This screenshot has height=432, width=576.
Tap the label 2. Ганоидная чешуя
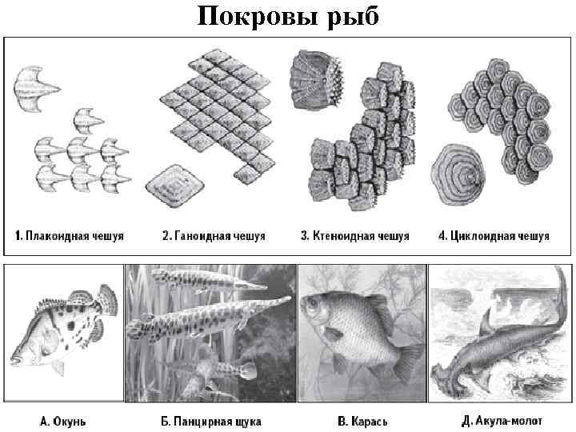click(x=214, y=236)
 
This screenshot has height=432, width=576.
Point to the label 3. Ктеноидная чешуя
click(x=354, y=236)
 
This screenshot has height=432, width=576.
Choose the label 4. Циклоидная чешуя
click(x=494, y=236)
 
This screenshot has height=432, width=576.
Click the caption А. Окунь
click(x=63, y=420)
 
